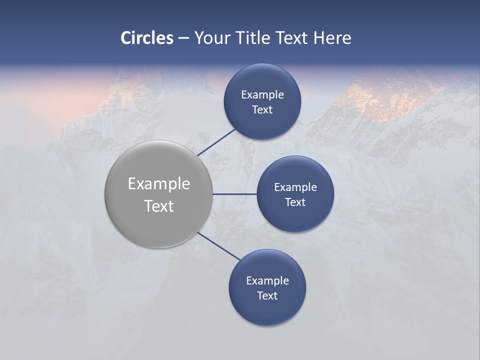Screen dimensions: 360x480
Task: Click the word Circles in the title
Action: point(147,38)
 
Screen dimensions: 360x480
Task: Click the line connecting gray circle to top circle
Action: point(216,142)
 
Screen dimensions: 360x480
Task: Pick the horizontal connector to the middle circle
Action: point(234,194)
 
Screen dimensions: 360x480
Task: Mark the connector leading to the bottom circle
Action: point(218,246)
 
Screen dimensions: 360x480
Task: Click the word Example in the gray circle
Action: point(159,184)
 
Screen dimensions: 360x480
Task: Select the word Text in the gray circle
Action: point(159,206)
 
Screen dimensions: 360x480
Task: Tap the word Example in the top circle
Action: point(262,94)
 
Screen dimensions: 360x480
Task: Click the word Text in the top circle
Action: point(262,109)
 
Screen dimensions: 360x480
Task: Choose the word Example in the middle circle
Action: point(295,187)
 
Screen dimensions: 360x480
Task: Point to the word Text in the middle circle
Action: point(295,202)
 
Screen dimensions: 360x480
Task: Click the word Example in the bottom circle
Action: point(267,280)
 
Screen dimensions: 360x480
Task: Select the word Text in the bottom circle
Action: point(267,295)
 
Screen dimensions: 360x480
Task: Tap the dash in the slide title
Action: point(183,38)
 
